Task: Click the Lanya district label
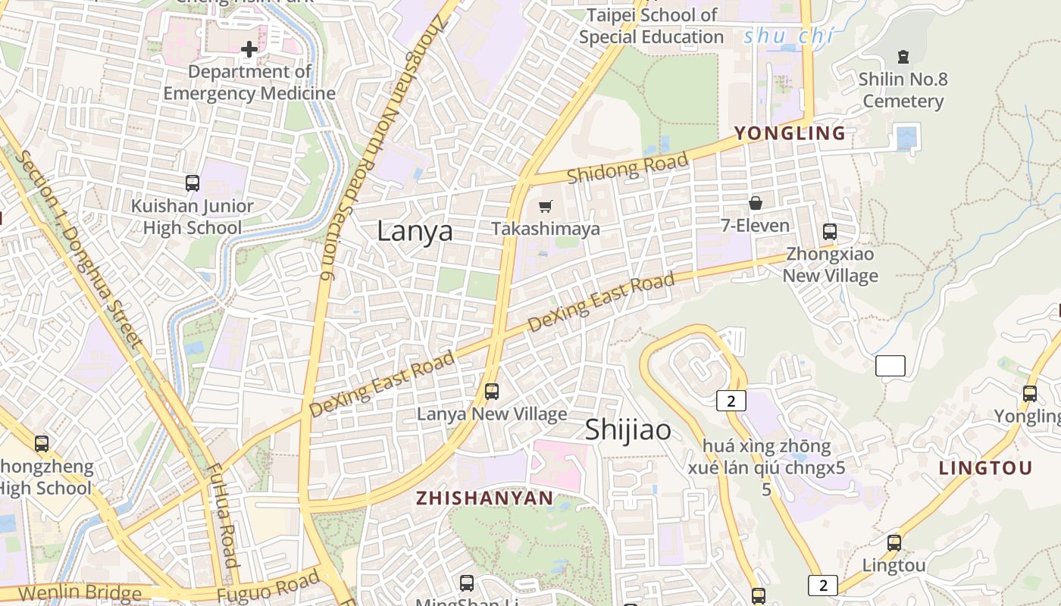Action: click(x=415, y=231)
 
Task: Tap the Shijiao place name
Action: click(x=628, y=430)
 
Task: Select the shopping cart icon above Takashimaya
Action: click(x=545, y=206)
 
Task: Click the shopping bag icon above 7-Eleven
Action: click(x=755, y=203)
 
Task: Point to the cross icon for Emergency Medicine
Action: click(x=249, y=50)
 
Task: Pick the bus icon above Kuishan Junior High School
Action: click(x=192, y=183)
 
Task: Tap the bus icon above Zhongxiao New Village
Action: click(x=830, y=232)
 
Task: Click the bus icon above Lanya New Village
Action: click(x=492, y=392)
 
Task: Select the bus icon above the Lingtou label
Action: click(x=894, y=542)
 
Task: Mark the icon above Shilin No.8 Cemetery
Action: click(x=903, y=56)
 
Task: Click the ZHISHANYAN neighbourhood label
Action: click(x=484, y=498)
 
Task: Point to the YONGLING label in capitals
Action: click(x=790, y=133)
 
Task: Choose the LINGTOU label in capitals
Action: click(x=985, y=468)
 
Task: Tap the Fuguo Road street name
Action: click(x=268, y=588)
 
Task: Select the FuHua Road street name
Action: click(x=222, y=515)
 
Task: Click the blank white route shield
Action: click(x=890, y=366)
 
